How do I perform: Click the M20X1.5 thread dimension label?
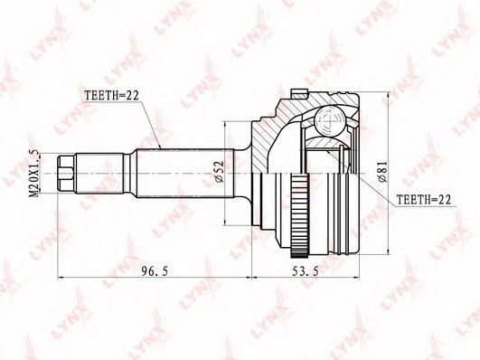34,174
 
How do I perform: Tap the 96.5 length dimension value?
155,271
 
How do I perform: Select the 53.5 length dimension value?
306,271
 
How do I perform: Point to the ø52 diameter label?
220,172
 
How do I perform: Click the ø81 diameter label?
382,172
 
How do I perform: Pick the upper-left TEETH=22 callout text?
112,95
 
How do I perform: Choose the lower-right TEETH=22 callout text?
424,200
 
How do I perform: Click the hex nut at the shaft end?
66,174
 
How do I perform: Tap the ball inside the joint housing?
331,120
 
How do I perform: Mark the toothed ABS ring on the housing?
300,214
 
